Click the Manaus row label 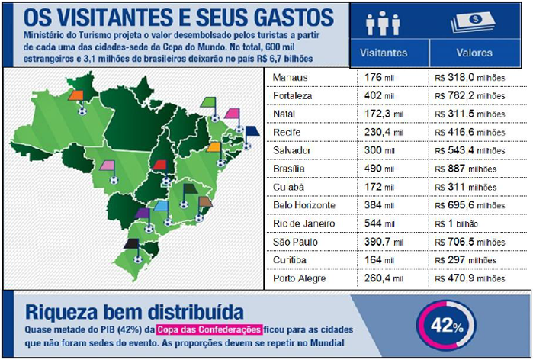click(x=291, y=79)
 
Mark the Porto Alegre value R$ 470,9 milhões click(x=468, y=278)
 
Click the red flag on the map click(x=161, y=165)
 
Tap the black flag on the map click(x=132, y=243)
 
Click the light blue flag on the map click(x=160, y=207)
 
